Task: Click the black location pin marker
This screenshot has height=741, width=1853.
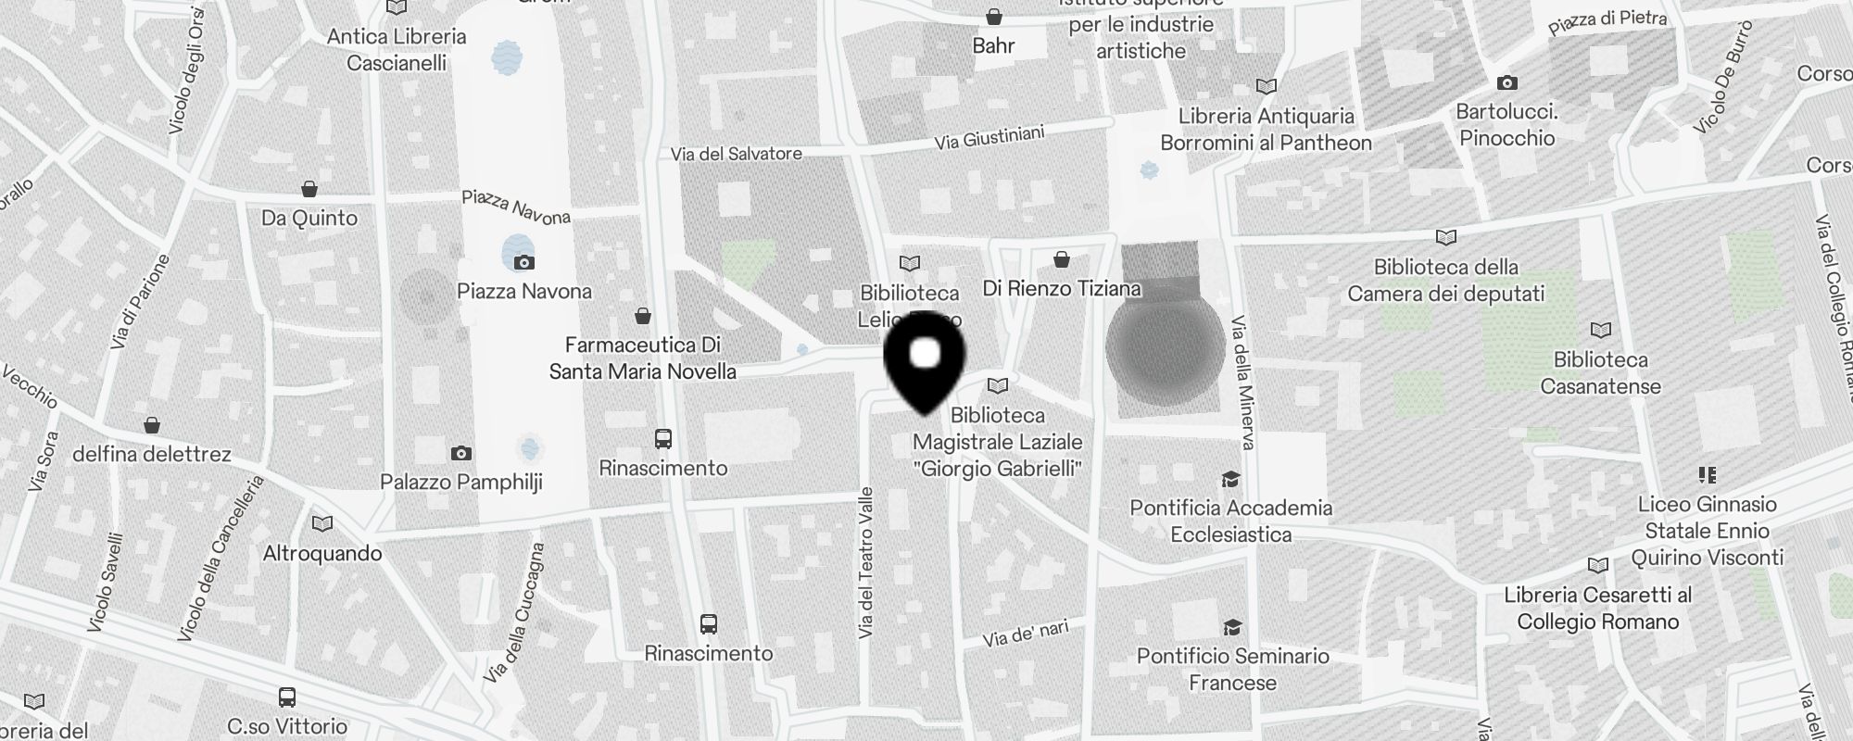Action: point(925,361)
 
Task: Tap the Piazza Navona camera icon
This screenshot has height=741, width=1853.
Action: point(524,262)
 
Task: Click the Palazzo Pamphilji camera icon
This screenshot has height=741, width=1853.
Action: point(460,453)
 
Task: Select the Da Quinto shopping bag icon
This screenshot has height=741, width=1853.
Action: point(309,190)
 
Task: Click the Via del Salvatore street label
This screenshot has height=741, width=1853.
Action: point(737,154)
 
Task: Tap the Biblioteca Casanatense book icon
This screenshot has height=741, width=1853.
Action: point(1600,330)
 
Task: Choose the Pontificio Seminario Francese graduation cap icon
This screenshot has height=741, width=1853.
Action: point(1231,627)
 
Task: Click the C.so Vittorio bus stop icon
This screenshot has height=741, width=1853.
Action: point(287,697)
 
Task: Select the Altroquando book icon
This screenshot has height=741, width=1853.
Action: point(322,524)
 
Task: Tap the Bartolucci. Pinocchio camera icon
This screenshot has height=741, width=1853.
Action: point(1506,82)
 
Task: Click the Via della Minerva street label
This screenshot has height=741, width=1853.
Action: point(1242,382)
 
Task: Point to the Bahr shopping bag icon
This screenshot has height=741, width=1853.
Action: point(993,17)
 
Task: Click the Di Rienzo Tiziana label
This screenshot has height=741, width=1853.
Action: point(1062,289)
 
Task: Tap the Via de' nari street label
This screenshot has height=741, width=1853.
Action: point(1026,634)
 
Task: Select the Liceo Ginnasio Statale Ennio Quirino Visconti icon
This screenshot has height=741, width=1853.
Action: point(1707,475)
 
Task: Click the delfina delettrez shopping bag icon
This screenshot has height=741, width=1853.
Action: point(152,425)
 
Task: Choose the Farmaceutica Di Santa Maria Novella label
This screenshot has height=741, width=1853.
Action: point(643,358)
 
